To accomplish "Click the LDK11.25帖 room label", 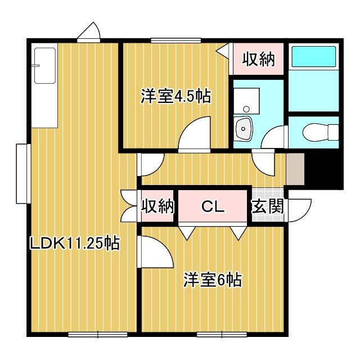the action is click(75, 243).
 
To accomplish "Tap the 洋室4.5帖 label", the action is click(175, 96).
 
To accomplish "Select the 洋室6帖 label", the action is click(213, 280).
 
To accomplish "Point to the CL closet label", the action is click(213, 206).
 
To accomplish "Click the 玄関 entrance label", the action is click(268, 206).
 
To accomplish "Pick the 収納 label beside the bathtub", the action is click(259, 59).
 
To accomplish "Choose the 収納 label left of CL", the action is click(157, 206).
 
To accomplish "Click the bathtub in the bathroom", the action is click(314, 56).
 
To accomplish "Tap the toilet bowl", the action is click(321, 132).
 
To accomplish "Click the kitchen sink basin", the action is click(45, 66).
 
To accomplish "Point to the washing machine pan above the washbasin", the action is click(246, 101).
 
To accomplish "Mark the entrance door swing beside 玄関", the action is click(299, 210).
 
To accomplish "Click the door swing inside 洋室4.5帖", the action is click(194, 134).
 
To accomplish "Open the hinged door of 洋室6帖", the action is click(156, 251).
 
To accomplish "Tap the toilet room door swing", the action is click(274, 137).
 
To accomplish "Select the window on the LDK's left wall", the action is click(24, 174).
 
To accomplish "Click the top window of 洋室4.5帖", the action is click(176, 40).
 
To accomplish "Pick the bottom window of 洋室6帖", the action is click(222, 334).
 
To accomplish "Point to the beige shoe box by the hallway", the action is click(295, 169).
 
